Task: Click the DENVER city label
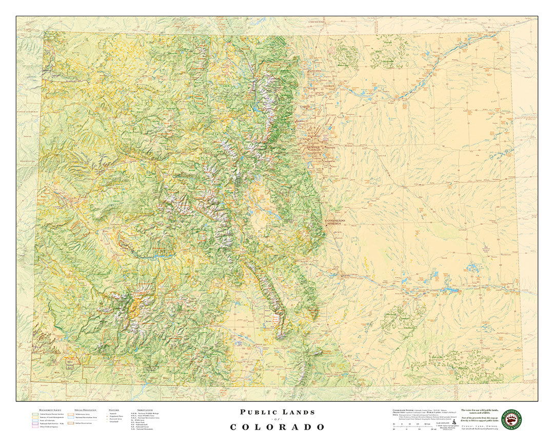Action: point(313,148)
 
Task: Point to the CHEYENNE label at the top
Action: point(316,22)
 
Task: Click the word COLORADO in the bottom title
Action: point(277,427)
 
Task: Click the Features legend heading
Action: point(113,410)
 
